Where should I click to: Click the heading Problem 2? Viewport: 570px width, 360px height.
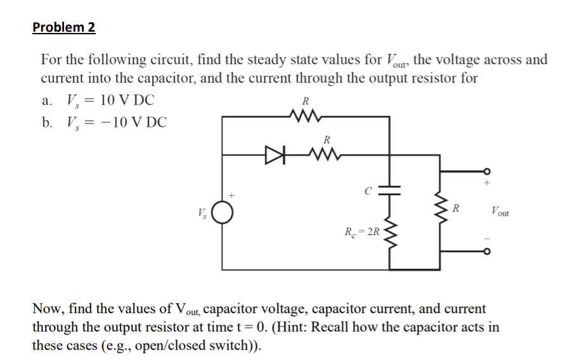[x=63, y=28]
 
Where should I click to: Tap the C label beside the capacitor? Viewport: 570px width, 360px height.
[x=368, y=188]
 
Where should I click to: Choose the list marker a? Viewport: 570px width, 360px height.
[x=47, y=100]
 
